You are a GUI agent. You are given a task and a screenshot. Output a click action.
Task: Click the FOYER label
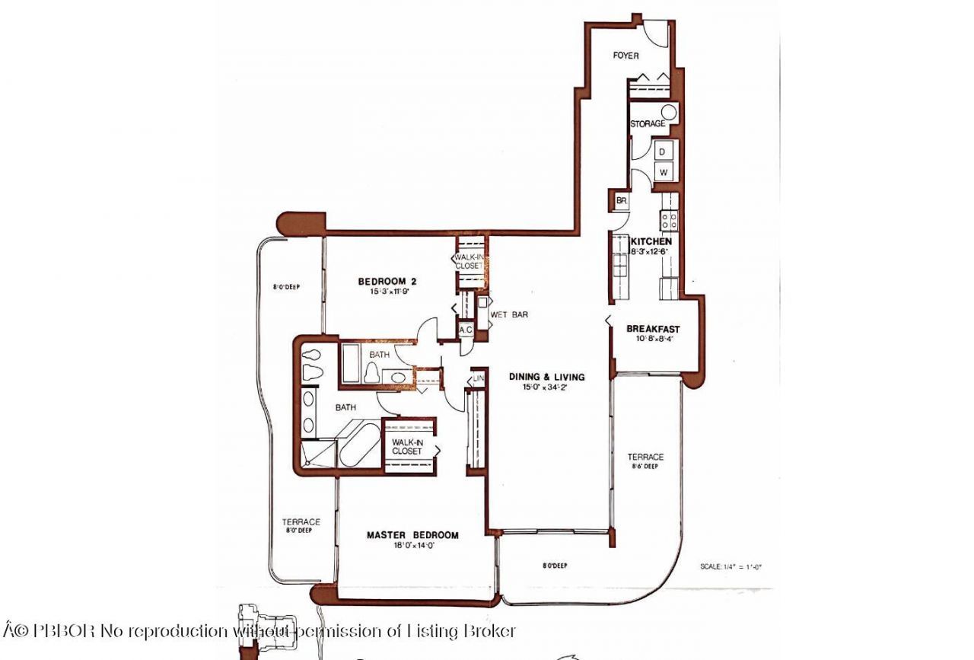(625, 56)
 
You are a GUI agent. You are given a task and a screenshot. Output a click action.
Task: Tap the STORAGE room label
(647, 123)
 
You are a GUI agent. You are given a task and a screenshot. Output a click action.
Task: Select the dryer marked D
(662, 151)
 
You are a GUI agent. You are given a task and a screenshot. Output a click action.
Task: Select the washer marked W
(663, 172)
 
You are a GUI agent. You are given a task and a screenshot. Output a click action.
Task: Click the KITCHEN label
(651, 241)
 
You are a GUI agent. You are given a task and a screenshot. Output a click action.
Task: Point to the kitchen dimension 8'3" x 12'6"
(651, 251)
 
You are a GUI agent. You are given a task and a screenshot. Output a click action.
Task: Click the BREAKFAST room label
(653, 329)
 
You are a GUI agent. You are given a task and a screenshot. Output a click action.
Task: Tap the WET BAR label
(510, 314)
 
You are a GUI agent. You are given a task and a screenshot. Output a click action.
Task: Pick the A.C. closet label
(466, 330)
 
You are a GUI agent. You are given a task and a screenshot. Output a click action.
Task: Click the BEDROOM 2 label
(387, 282)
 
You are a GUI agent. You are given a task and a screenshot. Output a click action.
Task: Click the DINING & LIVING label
(547, 377)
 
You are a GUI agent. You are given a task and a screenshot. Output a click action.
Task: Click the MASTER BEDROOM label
(412, 535)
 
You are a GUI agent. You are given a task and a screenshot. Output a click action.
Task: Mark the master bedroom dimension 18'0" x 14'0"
(412, 545)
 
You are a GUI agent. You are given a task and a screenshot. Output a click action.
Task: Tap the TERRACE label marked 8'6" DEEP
(645, 458)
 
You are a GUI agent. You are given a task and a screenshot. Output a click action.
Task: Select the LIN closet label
(479, 378)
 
